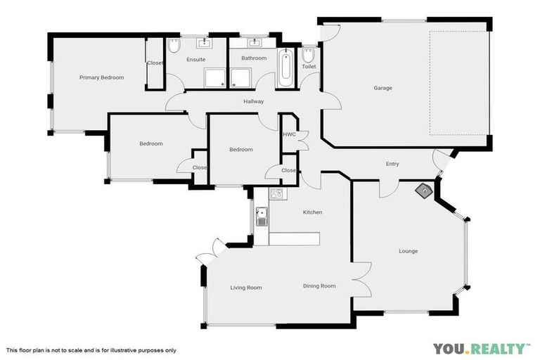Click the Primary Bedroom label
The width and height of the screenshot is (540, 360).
(x=101, y=77)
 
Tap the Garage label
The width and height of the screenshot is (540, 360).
(x=382, y=88)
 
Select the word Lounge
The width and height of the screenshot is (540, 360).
(x=408, y=251)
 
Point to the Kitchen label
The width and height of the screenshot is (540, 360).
(x=312, y=212)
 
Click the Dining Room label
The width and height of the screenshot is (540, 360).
(x=319, y=286)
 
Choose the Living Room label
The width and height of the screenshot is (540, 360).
(x=246, y=288)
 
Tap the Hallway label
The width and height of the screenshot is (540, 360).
(x=253, y=101)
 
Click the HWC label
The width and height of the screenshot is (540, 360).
(x=288, y=134)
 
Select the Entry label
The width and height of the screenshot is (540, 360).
(x=392, y=165)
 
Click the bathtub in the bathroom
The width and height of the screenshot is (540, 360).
(x=285, y=69)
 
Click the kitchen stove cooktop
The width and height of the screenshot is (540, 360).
(x=276, y=194)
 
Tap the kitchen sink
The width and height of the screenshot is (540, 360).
(x=262, y=215)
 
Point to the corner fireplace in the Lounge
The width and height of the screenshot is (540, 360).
(x=424, y=189)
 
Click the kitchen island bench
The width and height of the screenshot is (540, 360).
(x=295, y=239)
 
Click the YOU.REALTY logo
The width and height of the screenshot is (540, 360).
(x=481, y=348)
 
